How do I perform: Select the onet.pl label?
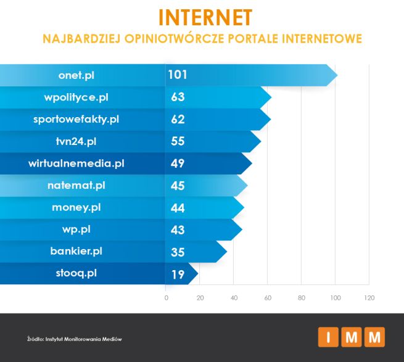click(x=76, y=75)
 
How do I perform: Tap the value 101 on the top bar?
click(x=177, y=75)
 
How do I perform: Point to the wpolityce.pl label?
click(x=76, y=97)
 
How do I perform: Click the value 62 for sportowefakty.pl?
click(x=178, y=120)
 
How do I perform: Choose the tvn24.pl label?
click(x=76, y=141)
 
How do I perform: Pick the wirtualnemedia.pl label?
click(x=76, y=163)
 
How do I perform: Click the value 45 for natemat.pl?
click(x=178, y=185)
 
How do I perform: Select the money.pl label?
click(x=76, y=207)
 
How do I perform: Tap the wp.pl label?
click(x=76, y=229)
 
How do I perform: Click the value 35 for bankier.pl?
click(x=178, y=251)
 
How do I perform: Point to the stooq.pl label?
click(x=76, y=273)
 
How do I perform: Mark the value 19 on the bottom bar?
click(x=178, y=274)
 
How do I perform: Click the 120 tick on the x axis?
click(x=369, y=298)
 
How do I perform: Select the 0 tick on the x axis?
click(x=166, y=298)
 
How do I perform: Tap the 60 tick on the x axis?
click(x=268, y=298)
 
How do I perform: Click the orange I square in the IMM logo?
click(x=328, y=337)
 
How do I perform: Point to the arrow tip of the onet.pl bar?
click(x=336, y=76)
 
